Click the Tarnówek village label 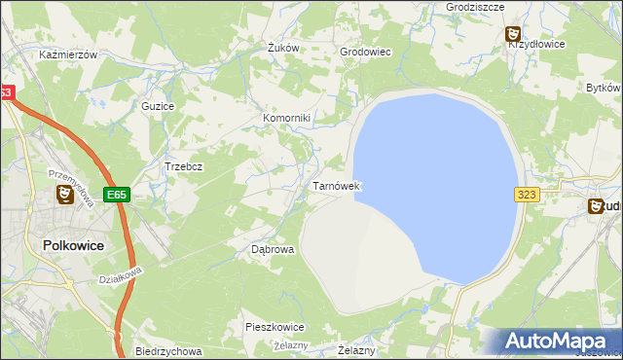tap(336, 185)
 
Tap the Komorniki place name tap(286, 119)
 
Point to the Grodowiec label tap(364, 53)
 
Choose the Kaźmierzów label tap(68, 55)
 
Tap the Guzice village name tap(158, 105)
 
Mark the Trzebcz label tap(183, 166)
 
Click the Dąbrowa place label tap(273, 249)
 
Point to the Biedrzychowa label tap(168, 351)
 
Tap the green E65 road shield tap(117, 195)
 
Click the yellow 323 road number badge tap(527, 195)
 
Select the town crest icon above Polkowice tap(65, 196)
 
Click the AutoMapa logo tap(559, 341)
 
